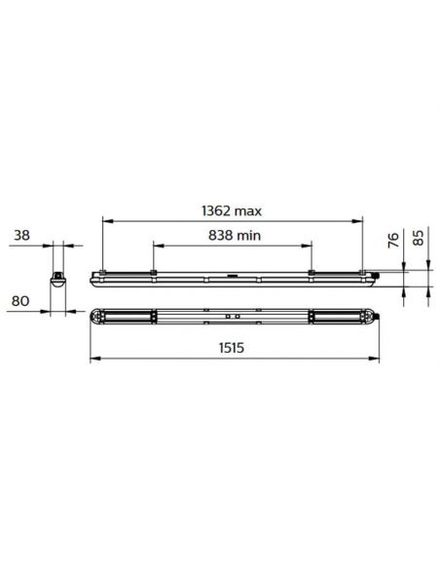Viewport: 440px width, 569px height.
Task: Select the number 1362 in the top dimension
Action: click(x=218, y=209)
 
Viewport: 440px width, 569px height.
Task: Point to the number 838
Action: click(x=222, y=235)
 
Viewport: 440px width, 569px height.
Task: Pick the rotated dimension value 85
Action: click(x=421, y=237)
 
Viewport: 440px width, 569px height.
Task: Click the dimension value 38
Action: click(x=21, y=235)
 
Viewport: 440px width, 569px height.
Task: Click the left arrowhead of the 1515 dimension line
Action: click(x=92, y=359)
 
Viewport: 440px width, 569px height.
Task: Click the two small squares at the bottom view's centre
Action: click(x=233, y=318)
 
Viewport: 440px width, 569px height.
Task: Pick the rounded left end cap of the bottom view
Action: click(x=94, y=318)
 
